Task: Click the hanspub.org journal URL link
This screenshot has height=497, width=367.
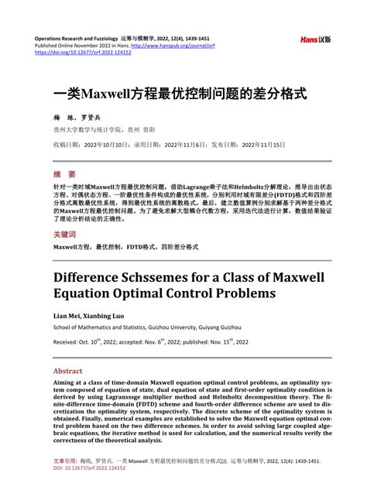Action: pyautogui.click(x=183, y=46)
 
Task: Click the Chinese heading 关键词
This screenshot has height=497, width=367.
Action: pyautogui.click(x=64, y=234)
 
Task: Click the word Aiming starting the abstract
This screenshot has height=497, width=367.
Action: pyautogui.click(x=67, y=385)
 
